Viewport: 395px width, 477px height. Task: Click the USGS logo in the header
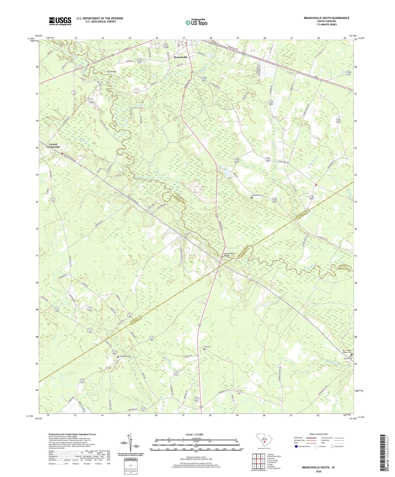tap(60, 21)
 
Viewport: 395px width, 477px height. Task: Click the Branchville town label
tap(180, 57)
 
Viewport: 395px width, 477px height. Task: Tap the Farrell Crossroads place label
tap(53, 145)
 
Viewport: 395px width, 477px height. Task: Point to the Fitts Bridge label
tap(111, 72)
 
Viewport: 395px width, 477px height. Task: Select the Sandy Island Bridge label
tap(229, 254)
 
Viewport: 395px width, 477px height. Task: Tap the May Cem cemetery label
tap(208, 347)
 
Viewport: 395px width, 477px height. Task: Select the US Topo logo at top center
tap(196, 23)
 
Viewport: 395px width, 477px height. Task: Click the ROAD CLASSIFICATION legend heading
tap(319, 434)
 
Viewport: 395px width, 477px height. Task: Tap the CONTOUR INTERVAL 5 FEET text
tap(196, 457)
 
